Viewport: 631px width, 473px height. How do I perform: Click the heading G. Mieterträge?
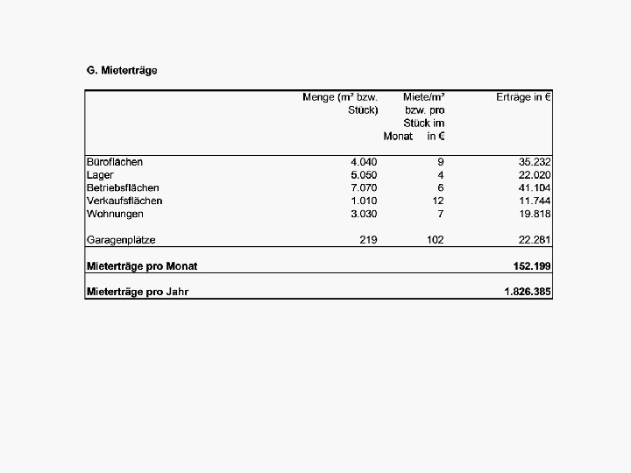tap(122, 70)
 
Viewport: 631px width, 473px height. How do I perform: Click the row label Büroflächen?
tap(115, 162)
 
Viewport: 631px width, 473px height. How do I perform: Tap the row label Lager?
tap(100, 175)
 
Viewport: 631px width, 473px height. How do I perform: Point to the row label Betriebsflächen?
tap(123, 187)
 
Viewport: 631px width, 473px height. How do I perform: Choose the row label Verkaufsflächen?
tap(124, 201)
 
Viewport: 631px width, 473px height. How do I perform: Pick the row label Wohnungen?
tap(115, 214)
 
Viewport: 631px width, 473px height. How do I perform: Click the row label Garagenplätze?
tap(121, 239)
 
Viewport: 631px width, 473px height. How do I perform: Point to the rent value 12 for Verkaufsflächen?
tap(438, 201)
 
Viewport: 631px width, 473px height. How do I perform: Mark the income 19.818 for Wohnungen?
tap(535, 214)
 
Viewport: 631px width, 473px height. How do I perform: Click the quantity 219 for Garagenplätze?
tap(369, 239)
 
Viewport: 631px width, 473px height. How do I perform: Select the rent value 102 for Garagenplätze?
tap(436, 239)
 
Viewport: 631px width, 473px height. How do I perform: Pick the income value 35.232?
tap(535, 162)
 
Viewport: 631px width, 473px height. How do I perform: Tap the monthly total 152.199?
tap(532, 265)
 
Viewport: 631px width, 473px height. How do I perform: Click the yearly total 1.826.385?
tap(528, 291)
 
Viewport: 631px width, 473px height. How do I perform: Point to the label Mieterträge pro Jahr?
tap(138, 291)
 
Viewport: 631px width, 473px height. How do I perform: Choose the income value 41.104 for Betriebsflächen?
tap(535, 187)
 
